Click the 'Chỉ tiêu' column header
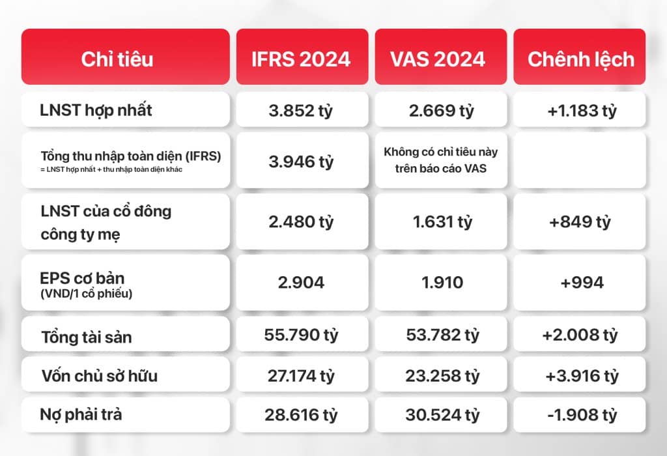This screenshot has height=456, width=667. [x=117, y=59]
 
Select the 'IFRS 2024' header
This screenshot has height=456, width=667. [x=301, y=59]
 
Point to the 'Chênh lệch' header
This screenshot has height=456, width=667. [x=580, y=59]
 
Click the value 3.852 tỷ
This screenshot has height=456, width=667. [x=301, y=110]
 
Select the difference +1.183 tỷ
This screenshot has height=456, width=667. [x=580, y=110]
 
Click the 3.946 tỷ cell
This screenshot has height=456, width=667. [x=301, y=160]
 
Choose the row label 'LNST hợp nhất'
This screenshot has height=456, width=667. [x=96, y=110]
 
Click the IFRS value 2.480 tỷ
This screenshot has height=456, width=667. [x=301, y=221]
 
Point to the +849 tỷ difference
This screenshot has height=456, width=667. [x=580, y=221]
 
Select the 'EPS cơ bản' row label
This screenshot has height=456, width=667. [x=82, y=278]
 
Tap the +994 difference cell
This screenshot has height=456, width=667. [x=580, y=283]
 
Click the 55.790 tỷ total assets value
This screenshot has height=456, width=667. [x=301, y=335]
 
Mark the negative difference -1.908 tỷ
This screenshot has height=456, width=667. [x=580, y=415]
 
